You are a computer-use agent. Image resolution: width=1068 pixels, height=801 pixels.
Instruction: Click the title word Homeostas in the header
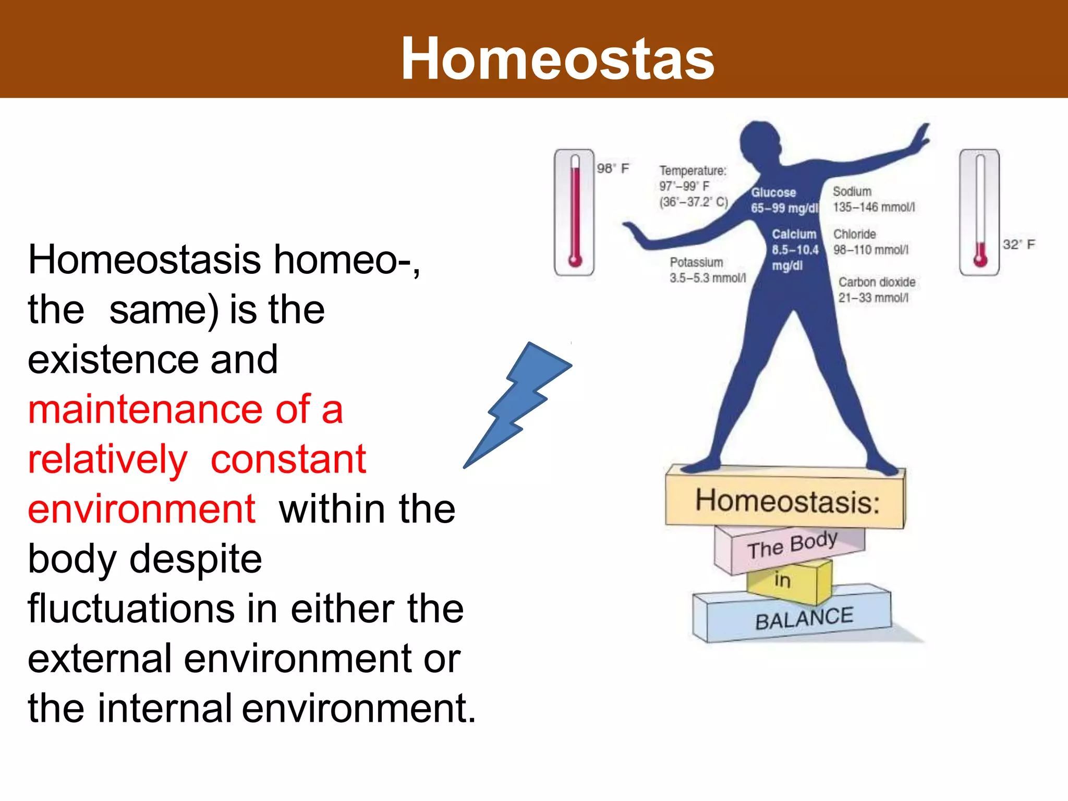pyautogui.click(x=557, y=59)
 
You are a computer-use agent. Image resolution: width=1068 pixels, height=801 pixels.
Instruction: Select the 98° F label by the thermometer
pyautogui.click(x=613, y=168)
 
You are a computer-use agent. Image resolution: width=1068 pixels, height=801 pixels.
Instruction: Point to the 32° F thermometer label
pyautogui.click(x=1018, y=245)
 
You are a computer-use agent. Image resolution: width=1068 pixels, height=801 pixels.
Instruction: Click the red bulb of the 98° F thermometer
pyautogui.click(x=575, y=260)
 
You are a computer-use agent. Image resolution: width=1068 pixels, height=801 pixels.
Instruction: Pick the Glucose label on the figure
pyautogui.click(x=774, y=193)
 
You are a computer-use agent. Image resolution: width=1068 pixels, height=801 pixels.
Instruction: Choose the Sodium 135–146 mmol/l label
pyautogui.click(x=873, y=200)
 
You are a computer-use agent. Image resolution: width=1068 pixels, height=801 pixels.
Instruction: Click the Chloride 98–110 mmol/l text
pyautogui.click(x=870, y=242)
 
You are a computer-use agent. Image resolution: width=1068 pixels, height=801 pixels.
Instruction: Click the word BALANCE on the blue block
pyautogui.click(x=804, y=619)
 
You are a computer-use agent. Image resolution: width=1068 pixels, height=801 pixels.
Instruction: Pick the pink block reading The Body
pyautogui.click(x=792, y=545)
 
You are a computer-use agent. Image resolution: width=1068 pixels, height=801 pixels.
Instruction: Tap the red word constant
pyautogui.click(x=288, y=459)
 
